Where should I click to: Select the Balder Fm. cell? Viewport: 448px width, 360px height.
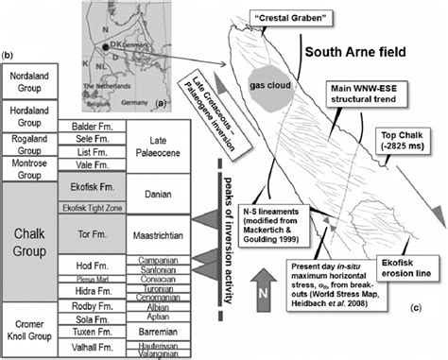tap(94, 126)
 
